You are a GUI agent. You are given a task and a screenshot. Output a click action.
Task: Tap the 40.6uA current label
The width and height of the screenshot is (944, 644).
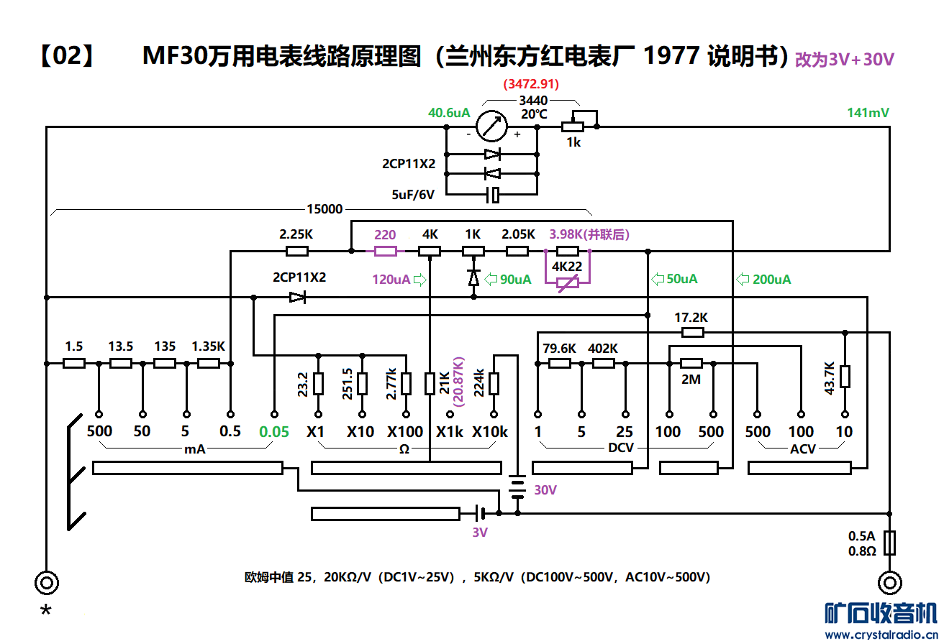click(449, 113)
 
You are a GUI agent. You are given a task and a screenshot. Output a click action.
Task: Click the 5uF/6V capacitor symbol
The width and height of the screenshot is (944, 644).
click(492, 194)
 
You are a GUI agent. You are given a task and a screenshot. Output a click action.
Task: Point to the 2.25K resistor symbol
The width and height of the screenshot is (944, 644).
click(297, 251)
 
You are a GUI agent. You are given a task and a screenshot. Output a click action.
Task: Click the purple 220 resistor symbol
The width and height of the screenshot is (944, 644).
click(385, 251)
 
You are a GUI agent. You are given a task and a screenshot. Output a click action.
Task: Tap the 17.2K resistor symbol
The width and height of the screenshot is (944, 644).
click(692, 332)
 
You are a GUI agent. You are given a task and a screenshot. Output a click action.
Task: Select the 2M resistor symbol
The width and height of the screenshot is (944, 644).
click(691, 364)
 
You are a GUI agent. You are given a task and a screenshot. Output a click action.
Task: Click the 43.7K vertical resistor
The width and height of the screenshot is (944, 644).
click(845, 377)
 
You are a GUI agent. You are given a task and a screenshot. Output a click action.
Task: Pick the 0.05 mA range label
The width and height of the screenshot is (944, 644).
click(273, 432)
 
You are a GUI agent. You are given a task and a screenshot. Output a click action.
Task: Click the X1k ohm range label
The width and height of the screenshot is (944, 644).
click(450, 432)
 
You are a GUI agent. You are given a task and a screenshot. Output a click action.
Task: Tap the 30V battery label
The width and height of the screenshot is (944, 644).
click(545, 489)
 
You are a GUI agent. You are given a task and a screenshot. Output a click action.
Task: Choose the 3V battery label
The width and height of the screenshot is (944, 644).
click(480, 533)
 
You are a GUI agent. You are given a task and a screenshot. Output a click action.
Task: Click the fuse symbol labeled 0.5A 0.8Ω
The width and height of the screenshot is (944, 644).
click(890, 543)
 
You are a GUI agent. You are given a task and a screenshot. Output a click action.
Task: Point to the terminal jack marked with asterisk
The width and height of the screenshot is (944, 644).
click(47, 582)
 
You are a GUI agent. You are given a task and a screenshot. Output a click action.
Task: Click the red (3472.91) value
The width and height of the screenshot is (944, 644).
click(531, 84)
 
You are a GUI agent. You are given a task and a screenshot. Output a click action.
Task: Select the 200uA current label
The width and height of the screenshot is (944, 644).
click(771, 279)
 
